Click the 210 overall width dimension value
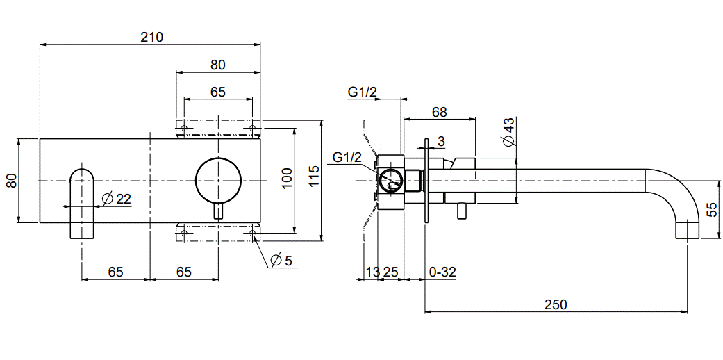(x=151, y=37)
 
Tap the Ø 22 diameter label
(x=116, y=199)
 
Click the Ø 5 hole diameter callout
(x=281, y=261)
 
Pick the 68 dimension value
(x=439, y=112)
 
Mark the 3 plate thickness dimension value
(x=442, y=142)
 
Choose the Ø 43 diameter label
(x=508, y=132)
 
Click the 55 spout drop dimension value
(x=712, y=210)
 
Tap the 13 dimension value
(x=372, y=272)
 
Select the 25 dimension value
(x=390, y=272)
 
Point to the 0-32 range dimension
(x=442, y=272)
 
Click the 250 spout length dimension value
(x=556, y=304)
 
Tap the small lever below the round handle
(x=218, y=211)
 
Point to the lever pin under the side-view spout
(x=460, y=209)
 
